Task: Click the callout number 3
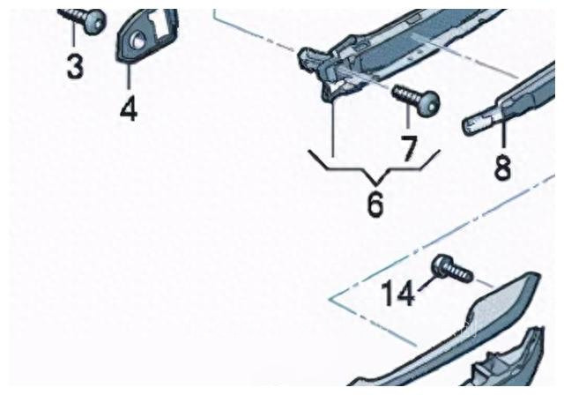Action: [x=75, y=66]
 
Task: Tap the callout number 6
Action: [x=375, y=204]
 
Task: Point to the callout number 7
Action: [x=409, y=147]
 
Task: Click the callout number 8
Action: [x=503, y=168]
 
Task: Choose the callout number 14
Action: [x=397, y=294]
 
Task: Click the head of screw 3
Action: [x=95, y=21]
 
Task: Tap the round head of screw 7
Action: [x=428, y=101]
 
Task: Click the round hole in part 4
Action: [x=137, y=39]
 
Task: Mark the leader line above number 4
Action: [x=129, y=76]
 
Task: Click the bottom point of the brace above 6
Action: [x=376, y=185]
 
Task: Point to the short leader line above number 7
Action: [x=408, y=116]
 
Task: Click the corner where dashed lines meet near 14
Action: [x=330, y=299]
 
